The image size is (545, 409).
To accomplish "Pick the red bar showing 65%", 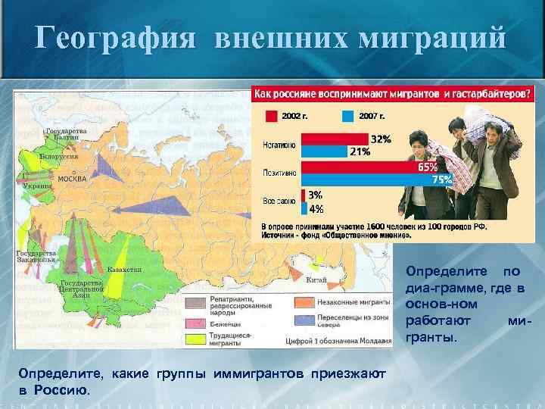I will click(x=360, y=167).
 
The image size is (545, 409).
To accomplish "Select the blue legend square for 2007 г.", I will click(x=347, y=117).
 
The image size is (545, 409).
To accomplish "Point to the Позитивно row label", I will click(x=279, y=173).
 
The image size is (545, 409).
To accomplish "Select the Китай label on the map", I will click(x=316, y=279).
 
